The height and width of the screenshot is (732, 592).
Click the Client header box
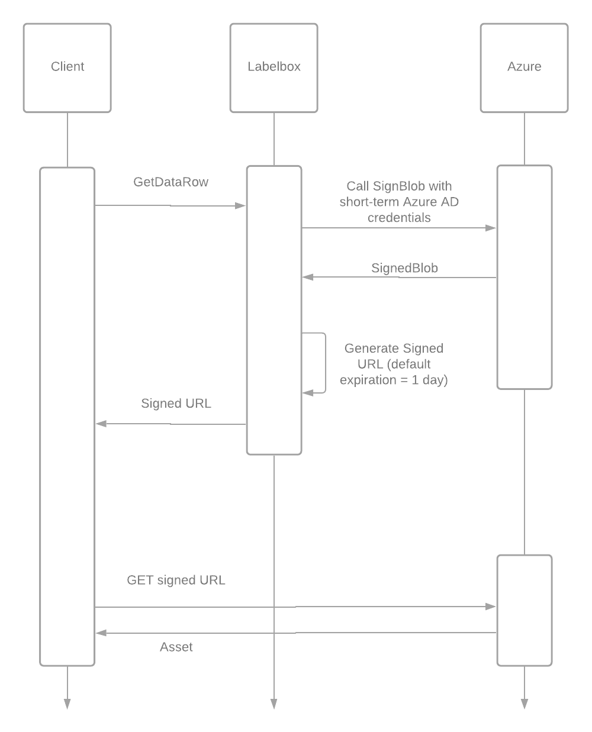click(x=67, y=67)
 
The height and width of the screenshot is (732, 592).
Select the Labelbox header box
click(x=274, y=67)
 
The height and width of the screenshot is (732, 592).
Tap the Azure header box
click(x=524, y=67)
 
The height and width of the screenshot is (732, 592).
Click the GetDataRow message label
click(x=170, y=182)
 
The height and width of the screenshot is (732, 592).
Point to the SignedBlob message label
click(x=404, y=267)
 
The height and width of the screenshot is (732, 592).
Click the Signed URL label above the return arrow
click(x=176, y=403)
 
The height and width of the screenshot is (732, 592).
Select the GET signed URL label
click(x=176, y=580)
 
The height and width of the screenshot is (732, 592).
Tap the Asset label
click(x=176, y=647)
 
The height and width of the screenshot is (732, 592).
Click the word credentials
click(x=399, y=218)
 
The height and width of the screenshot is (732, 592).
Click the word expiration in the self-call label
click(x=368, y=380)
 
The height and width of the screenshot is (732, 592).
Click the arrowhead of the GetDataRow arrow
click(x=240, y=205)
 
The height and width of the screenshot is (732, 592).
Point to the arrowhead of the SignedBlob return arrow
click(x=308, y=277)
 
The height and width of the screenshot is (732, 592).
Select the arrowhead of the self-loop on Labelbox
click(x=308, y=393)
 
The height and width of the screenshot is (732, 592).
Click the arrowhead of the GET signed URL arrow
click(x=491, y=607)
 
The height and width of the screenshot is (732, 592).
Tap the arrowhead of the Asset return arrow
click(x=101, y=633)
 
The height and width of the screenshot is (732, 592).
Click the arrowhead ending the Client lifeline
click(x=67, y=704)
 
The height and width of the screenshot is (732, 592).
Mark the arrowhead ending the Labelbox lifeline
click(x=274, y=704)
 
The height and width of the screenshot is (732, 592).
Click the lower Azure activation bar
click(x=525, y=610)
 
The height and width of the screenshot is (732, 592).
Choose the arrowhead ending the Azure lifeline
click(x=525, y=704)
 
